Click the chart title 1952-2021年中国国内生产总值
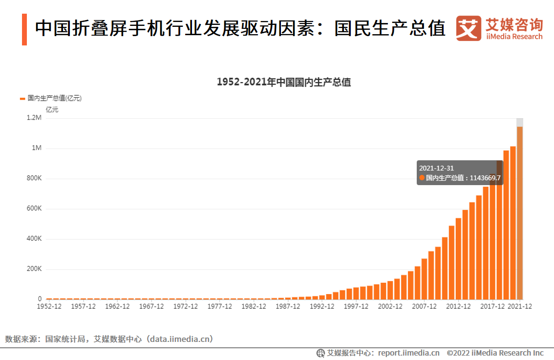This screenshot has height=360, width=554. pyautogui.click(x=283, y=82)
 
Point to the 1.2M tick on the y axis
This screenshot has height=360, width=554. pyautogui.click(x=34, y=118)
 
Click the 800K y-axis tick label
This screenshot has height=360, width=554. pyautogui.click(x=34, y=178)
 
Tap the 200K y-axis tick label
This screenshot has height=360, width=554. pyautogui.click(x=34, y=269)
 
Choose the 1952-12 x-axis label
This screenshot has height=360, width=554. pyautogui.click(x=49, y=307)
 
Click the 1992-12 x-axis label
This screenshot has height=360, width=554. pyautogui.click(x=322, y=307)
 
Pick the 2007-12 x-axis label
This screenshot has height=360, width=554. pyautogui.click(x=424, y=307)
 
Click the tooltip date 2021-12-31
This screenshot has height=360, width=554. pyautogui.click(x=436, y=168)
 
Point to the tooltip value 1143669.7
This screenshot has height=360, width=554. pyautogui.click(x=485, y=178)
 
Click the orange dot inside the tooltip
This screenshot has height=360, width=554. pyautogui.click(x=422, y=178)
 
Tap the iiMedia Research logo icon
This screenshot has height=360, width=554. pyautogui.click(x=468, y=29)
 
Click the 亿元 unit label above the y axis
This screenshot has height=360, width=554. pyautogui.click(x=52, y=109)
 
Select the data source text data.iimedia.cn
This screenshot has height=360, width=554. pyautogui.click(x=181, y=339)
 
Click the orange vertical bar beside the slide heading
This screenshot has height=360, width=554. pyautogui.click(x=24, y=30)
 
